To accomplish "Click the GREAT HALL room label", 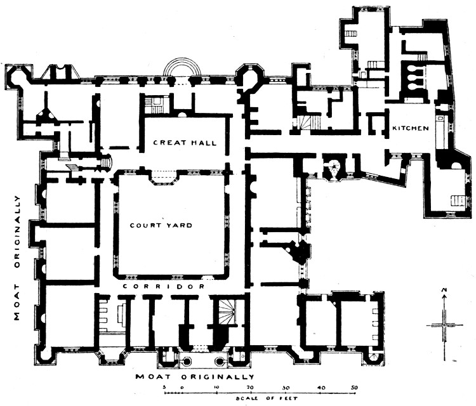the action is pyautogui.click(x=185, y=143).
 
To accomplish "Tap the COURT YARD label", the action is pyautogui.click(x=161, y=225).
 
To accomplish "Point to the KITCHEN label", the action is pyautogui.click(x=411, y=128).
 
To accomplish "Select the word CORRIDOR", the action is pyautogui.click(x=164, y=287).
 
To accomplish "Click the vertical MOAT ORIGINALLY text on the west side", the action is pyautogui.click(x=17, y=258).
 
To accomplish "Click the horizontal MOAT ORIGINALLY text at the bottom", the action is pyautogui.click(x=195, y=377).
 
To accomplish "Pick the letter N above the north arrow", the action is pyautogui.click(x=444, y=290).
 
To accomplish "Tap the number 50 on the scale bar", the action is pyautogui.click(x=354, y=388).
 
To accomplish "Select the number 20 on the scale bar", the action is pyautogui.click(x=250, y=388).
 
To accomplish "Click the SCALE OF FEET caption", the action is pyautogui.click(x=267, y=398).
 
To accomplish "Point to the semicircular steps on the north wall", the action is pyautogui.click(x=182, y=67).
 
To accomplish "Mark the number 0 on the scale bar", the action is pyautogui.click(x=182, y=388).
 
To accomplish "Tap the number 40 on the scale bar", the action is pyautogui.click(x=321, y=388).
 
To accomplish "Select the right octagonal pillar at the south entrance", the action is pyautogui.click(x=220, y=361).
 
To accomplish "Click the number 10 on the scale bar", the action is pyautogui.click(x=216, y=388).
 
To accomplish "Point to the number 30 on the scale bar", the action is pyautogui.click(x=286, y=388).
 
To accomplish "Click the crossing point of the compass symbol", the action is pyautogui.click(x=444, y=325).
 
